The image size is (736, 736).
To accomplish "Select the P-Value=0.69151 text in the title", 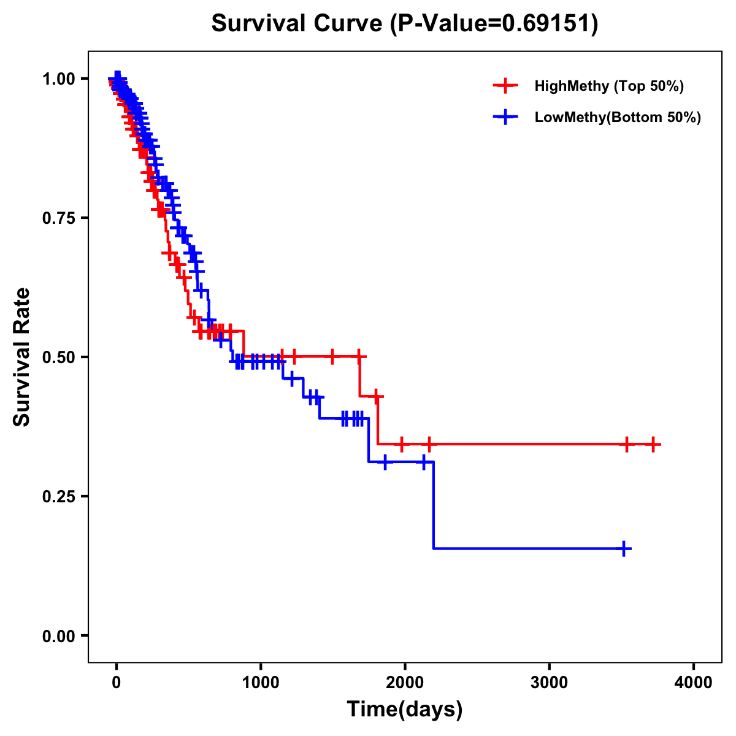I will tap(496, 24).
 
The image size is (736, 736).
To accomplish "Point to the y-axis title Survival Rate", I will tap(23, 356).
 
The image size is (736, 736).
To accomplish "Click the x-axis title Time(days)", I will tap(405, 710).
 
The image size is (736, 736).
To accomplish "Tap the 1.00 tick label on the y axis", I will tap(59, 79).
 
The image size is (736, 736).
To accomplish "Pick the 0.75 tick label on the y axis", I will tap(59, 218).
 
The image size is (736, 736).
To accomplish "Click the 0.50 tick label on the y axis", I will tap(59, 357).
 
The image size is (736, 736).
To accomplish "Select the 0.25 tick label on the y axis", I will tap(59, 496).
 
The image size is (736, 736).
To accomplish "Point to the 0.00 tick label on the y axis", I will tap(59, 635).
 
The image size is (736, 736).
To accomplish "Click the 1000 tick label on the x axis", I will tap(261, 682).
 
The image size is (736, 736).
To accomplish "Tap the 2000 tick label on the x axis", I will tap(405, 682).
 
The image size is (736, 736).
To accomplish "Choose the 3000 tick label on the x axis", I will tap(549, 682).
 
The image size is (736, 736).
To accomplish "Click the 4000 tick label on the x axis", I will tap(693, 682).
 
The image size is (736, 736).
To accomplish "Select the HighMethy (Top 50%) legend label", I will tap(609, 86).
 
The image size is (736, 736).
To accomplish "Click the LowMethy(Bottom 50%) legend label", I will tap(618, 117).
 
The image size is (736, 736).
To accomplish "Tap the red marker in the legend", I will tap(505, 86).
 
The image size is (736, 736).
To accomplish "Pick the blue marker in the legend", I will tap(505, 117).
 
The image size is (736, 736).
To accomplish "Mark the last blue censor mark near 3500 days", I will tap(624, 548).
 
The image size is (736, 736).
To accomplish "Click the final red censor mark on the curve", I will tap(654, 444).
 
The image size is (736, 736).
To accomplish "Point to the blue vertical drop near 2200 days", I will tap(434, 505).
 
